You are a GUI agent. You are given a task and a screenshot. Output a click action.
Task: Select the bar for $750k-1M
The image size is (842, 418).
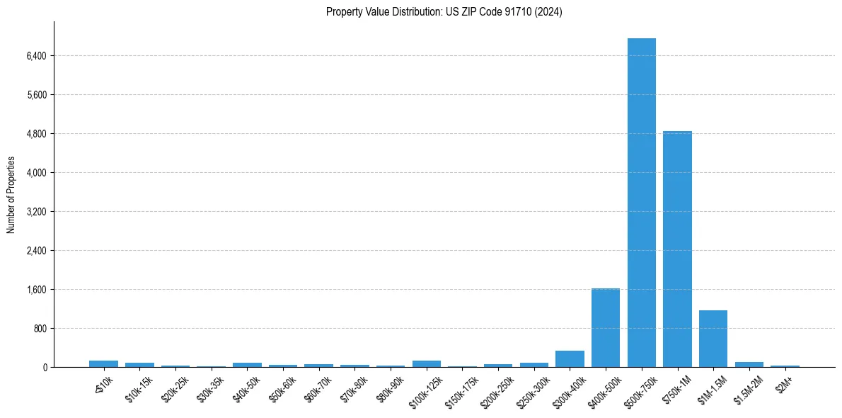[x=677, y=248]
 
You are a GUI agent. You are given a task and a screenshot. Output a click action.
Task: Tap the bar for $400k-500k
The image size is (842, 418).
[x=606, y=327]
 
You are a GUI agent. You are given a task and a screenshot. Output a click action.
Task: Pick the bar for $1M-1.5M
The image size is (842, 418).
[x=713, y=339]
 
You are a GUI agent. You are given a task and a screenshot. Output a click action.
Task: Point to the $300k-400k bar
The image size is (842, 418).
[x=570, y=359]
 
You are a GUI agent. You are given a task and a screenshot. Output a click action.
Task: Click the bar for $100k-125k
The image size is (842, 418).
[x=427, y=364]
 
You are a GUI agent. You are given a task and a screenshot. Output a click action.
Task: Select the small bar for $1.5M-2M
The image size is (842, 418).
[x=749, y=365]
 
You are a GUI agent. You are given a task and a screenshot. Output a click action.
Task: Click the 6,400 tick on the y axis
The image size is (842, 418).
[x=35, y=56]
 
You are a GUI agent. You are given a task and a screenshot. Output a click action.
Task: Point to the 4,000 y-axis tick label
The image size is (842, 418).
[x=35, y=173]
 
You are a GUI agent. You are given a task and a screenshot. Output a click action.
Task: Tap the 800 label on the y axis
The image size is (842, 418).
[x=39, y=329]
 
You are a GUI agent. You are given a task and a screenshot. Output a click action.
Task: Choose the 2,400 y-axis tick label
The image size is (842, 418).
[x=35, y=251]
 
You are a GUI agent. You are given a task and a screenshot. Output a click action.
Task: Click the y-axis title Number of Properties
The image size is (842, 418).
[x=11, y=195]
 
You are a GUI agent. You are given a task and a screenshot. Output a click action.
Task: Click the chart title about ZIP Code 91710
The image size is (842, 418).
[x=444, y=12]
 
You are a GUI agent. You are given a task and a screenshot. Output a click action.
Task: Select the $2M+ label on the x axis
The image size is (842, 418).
[x=783, y=380]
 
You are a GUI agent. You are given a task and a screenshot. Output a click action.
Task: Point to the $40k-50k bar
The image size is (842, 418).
[x=247, y=365]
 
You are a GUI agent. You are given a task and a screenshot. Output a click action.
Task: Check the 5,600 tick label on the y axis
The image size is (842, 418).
[x=35, y=95]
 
